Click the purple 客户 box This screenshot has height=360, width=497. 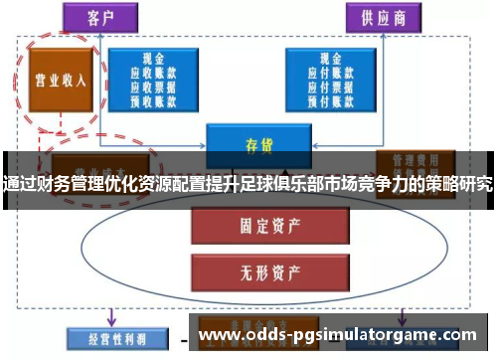(96, 17)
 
